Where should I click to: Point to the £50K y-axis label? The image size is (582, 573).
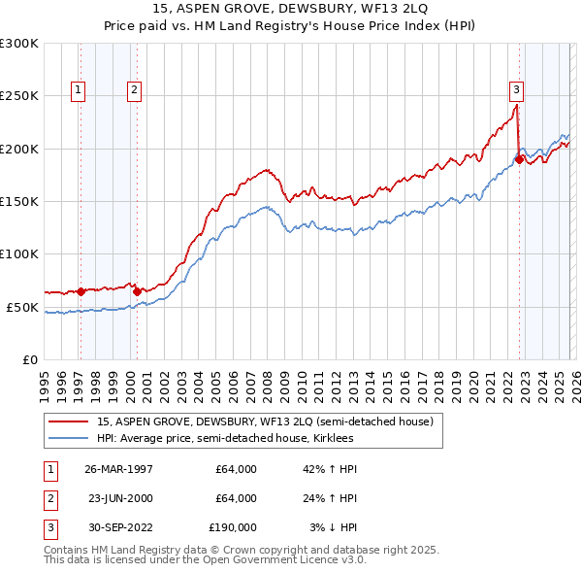[x=22, y=307]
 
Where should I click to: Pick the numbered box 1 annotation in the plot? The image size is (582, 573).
[x=77, y=90]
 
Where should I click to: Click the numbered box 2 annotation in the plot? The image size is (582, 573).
[x=134, y=90]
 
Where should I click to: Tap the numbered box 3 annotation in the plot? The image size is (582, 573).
[x=516, y=90]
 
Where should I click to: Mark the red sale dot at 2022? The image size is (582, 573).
[x=520, y=159]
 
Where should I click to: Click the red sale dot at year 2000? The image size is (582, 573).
[x=137, y=290]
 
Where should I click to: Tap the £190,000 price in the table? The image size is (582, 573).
[x=233, y=527]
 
